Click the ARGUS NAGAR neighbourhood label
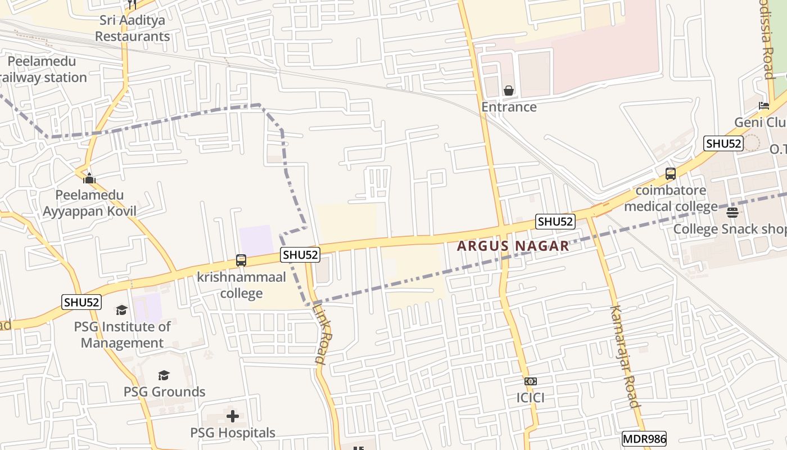click(513, 246)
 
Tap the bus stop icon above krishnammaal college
click(241, 260)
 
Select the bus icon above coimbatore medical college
click(671, 174)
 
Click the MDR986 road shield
click(644, 439)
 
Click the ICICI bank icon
click(531, 381)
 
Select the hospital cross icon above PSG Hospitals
click(233, 416)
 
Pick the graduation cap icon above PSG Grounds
click(164, 375)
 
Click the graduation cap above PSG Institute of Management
click(122, 310)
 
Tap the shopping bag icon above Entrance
click(509, 91)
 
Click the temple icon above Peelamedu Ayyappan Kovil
click(89, 179)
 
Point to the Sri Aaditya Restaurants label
click(132, 28)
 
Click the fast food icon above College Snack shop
click(732, 213)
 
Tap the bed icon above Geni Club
click(763, 106)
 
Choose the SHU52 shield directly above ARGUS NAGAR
click(555, 222)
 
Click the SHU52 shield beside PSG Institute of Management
click(82, 302)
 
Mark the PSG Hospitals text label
click(233, 433)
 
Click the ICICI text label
click(531, 398)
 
